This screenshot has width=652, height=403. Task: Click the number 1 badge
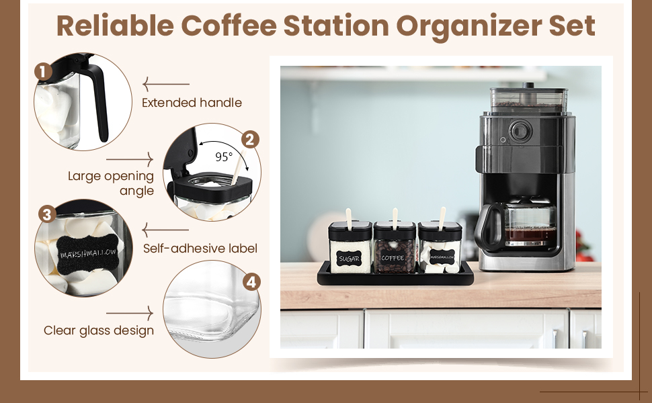coord(43,72)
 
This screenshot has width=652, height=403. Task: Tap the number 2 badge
coord(250,140)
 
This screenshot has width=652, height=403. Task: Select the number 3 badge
coord(47,214)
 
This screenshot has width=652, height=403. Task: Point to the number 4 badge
coord(251,282)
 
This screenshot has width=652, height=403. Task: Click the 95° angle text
coord(224,156)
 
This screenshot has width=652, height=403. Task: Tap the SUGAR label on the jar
coord(348,259)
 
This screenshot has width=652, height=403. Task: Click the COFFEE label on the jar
coord(393,258)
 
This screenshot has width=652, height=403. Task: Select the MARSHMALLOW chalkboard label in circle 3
coord(88,254)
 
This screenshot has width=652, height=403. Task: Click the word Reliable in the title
coord(115,26)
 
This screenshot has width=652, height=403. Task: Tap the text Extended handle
coord(192,103)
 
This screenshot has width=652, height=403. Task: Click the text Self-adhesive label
coord(200,248)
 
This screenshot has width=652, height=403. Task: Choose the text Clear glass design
coord(99,330)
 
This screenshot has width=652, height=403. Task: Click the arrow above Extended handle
coord(166,84)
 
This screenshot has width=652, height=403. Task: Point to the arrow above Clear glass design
coord(130,313)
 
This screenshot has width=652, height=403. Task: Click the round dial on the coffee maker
coord(520,131)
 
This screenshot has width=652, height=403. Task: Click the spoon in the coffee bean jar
coord(395,218)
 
